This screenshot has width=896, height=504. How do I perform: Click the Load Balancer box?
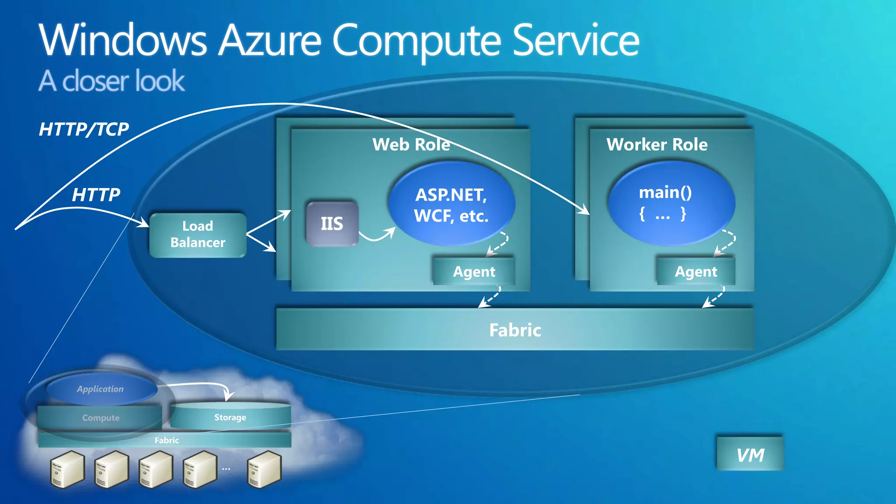tap(198, 235)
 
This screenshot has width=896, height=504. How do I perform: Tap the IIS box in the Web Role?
tap(332, 224)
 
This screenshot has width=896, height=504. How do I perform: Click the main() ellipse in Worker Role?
tap(670, 203)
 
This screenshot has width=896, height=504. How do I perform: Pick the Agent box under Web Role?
tap(474, 272)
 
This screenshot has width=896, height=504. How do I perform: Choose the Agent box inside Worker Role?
tap(696, 272)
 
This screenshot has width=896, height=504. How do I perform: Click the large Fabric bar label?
tap(515, 330)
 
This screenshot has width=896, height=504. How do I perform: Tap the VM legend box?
tap(750, 455)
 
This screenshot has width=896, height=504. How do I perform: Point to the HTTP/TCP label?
tap(84, 129)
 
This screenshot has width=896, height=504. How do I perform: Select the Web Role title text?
tap(411, 144)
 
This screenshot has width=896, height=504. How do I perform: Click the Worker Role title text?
tap(657, 144)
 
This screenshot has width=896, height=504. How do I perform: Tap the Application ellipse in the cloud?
tap(101, 389)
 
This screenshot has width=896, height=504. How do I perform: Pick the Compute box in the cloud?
tap(101, 418)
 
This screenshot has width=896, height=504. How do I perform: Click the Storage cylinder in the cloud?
tap(230, 417)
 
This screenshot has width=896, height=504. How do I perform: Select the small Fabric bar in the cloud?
tap(166, 440)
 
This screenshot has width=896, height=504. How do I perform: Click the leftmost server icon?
tap(67, 469)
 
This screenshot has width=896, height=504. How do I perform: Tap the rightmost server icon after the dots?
tap(264, 469)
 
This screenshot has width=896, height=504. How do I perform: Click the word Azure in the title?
tap(270, 41)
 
